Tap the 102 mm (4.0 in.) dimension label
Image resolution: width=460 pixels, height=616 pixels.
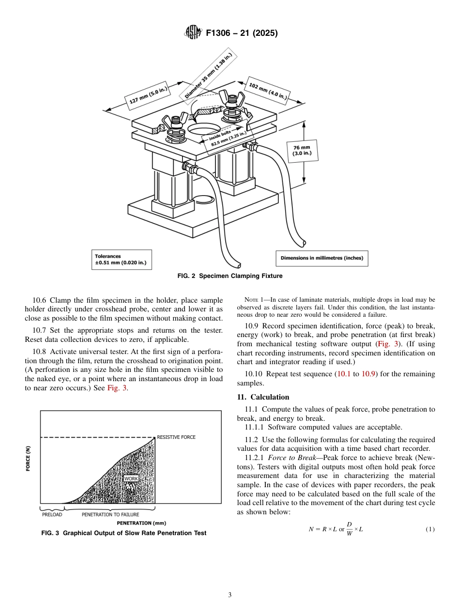(268, 91)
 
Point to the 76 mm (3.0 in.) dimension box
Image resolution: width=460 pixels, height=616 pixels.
(302, 150)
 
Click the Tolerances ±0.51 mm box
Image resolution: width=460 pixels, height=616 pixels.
(121, 260)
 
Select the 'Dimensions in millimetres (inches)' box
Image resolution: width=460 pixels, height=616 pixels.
(322, 258)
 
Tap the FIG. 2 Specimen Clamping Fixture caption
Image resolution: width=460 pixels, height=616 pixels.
(230, 276)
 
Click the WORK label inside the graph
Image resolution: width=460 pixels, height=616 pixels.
(131, 478)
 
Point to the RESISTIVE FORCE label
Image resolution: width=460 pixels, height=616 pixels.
(176, 437)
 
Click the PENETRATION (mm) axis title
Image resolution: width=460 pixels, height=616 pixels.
(141, 523)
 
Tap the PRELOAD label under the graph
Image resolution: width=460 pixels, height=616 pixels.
(52, 514)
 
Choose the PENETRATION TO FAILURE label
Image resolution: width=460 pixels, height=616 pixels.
(110, 514)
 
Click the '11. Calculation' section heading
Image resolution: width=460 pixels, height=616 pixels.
(263, 397)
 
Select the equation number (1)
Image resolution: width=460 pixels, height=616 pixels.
(430, 529)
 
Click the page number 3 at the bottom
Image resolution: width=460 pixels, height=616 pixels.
(230, 595)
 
